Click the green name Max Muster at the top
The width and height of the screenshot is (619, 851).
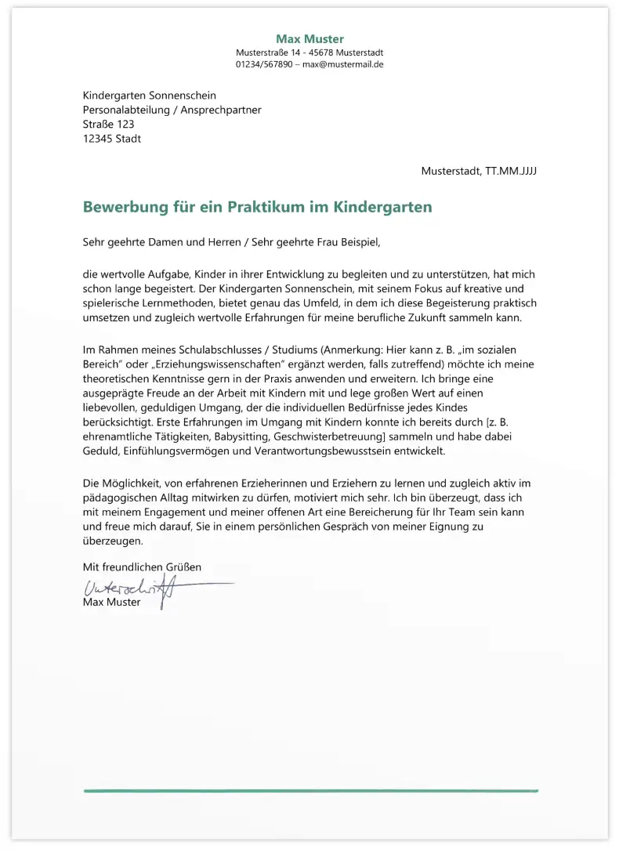309,39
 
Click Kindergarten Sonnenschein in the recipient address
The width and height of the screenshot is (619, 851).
149,96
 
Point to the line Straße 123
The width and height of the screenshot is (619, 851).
108,125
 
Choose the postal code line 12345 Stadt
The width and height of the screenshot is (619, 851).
112,139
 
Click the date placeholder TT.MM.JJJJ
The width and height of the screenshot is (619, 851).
511,171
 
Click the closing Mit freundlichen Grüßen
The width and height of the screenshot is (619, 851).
142,566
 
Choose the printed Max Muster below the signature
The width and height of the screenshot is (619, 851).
111,603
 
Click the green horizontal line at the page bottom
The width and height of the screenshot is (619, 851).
310,791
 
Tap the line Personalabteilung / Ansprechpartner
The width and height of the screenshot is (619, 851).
172,110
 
